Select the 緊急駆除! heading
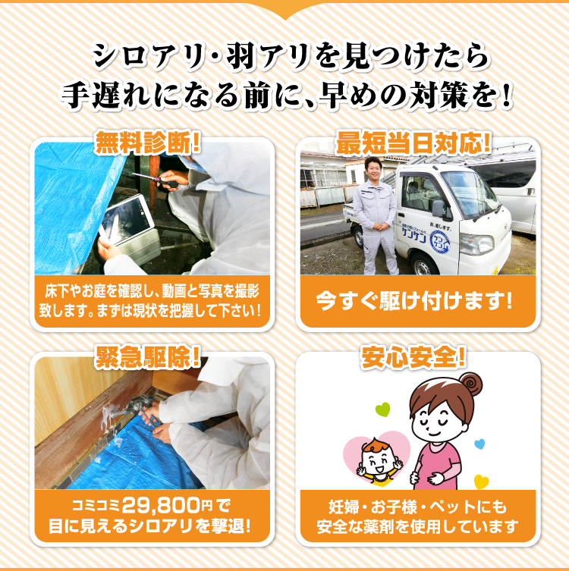pyautogui.click(x=149, y=356)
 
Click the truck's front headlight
pyautogui.click(x=476, y=245)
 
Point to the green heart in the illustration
pyautogui.click(x=382, y=410)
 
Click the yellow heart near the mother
pyautogui.click(x=481, y=482)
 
